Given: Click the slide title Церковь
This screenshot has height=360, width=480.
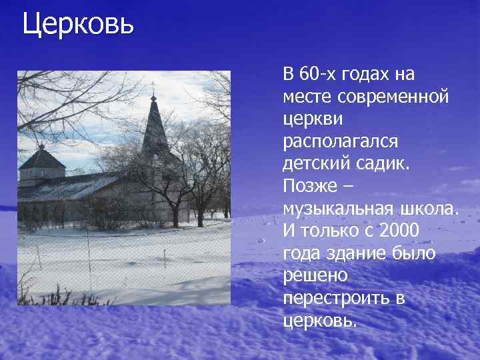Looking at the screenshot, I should point(78,25).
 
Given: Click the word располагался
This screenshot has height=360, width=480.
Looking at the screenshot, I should point(341,141).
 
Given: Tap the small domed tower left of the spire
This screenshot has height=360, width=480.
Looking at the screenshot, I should point(41,160).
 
